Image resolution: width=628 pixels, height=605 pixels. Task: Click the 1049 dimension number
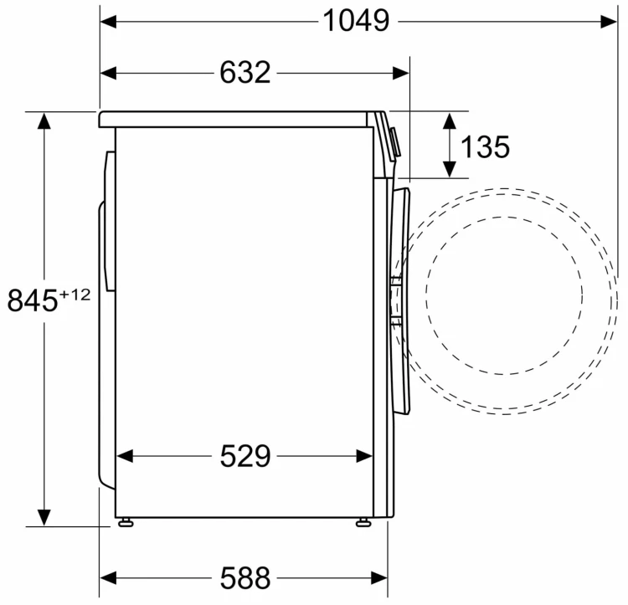(x=356, y=21)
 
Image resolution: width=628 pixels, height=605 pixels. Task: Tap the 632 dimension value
(x=245, y=73)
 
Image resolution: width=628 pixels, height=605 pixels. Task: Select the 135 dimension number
(x=486, y=146)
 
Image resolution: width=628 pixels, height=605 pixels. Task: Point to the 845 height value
(x=33, y=300)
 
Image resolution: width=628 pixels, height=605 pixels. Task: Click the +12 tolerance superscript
(x=75, y=295)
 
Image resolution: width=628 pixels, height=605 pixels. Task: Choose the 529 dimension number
(x=245, y=456)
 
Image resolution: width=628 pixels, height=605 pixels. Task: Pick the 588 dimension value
(x=245, y=578)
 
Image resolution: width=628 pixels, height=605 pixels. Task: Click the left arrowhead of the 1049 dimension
(x=108, y=22)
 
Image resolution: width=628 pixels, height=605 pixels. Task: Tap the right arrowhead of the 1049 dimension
(x=609, y=22)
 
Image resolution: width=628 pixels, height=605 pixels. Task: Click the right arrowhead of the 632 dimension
(x=401, y=74)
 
